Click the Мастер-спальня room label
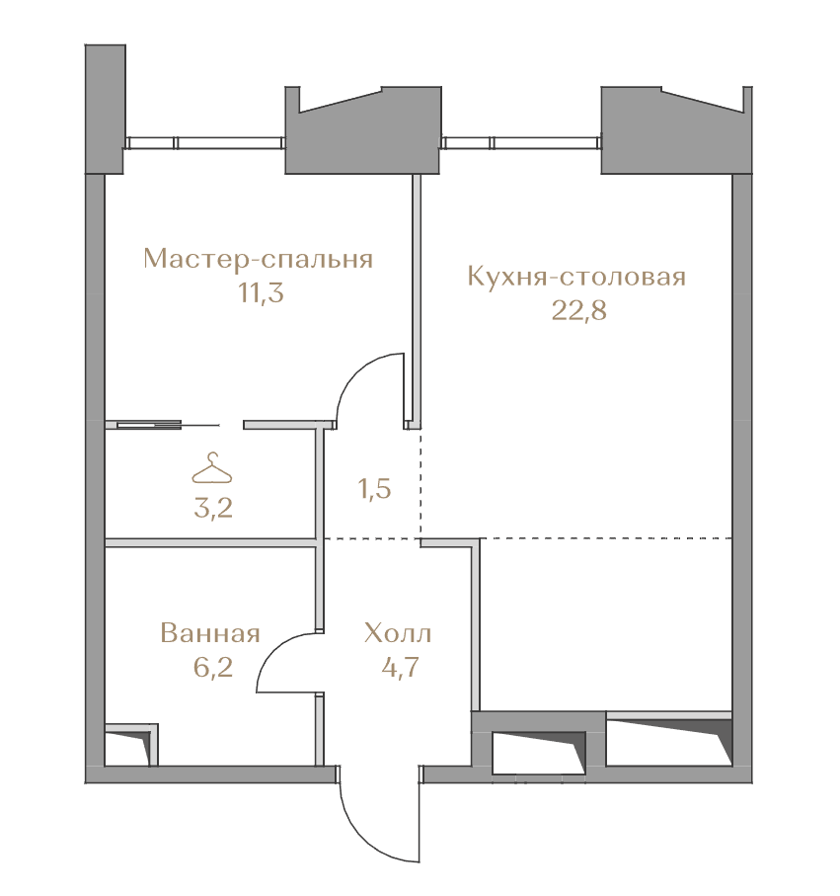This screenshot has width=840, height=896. click(x=258, y=259)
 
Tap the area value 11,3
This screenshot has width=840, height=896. click(x=261, y=292)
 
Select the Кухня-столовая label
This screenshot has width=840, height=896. click(x=576, y=276)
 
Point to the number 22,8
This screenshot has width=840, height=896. click(x=579, y=310)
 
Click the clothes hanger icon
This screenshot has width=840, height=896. click(x=212, y=468)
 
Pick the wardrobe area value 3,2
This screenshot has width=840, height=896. click(x=213, y=508)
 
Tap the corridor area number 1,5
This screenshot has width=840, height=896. click(x=375, y=489)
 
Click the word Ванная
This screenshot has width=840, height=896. click(x=210, y=633)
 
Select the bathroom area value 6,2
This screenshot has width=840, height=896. click(x=213, y=667)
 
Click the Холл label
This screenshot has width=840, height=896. click(x=398, y=633)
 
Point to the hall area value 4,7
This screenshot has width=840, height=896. click(x=401, y=667)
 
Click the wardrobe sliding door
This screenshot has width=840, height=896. click(x=169, y=425)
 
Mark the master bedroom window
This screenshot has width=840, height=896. click(x=205, y=143)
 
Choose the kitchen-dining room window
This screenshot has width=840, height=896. click(x=521, y=143)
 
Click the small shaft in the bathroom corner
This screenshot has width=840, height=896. click(x=132, y=745)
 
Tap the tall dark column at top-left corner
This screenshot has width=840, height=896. click(x=105, y=109)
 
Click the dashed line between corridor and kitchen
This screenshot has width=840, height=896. click(x=420, y=484)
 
